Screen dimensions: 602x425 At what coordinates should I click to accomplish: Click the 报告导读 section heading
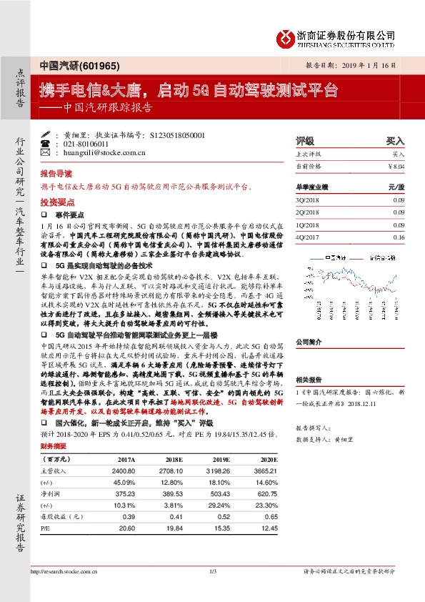(x=56, y=173)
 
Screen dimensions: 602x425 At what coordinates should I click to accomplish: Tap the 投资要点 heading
(x=56, y=202)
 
